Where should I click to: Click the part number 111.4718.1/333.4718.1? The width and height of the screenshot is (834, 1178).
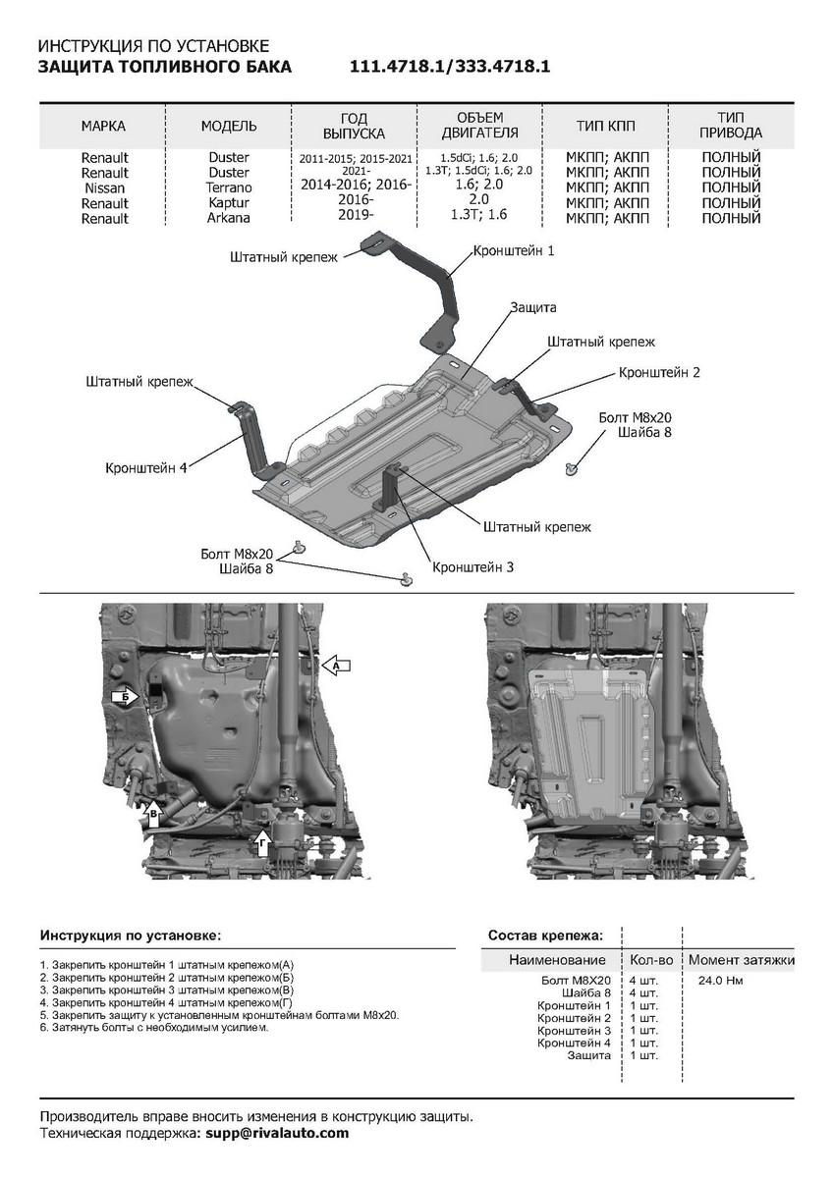pyautogui.click(x=449, y=68)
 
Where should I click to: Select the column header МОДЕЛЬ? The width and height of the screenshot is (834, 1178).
pyautogui.click(x=229, y=127)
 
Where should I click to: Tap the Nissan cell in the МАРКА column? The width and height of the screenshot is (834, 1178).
pyautogui.click(x=105, y=187)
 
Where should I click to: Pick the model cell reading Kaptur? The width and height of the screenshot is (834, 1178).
pyautogui.click(x=229, y=202)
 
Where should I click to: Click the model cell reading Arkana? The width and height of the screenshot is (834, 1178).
pyautogui.click(x=229, y=218)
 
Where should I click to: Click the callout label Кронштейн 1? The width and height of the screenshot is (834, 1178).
pyautogui.click(x=514, y=251)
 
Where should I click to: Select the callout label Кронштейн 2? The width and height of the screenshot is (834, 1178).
pyautogui.click(x=659, y=373)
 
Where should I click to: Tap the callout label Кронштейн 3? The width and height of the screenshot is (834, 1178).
pyautogui.click(x=473, y=567)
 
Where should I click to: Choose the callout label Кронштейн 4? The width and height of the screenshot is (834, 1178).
pyautogui.click(x=146, y=468)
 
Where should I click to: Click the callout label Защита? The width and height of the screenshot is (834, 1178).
pyautogui.click(x=532, y=307)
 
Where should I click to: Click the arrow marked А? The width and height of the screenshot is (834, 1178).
pyautogui.click(x=336, y=665)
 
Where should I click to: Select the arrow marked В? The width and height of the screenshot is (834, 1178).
pyautogui.click(x=153, y=811)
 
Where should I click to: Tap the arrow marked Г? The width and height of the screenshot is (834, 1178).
pyautogui.click(x=261, y=839)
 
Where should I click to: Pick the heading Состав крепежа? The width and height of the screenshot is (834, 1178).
pyautogui.click(x=546, y=936)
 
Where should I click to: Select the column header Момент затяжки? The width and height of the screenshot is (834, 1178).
pyautogui.click(x=741, y=959)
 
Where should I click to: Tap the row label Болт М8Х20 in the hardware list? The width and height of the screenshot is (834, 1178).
pyautogui.click(x=577, y=980)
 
